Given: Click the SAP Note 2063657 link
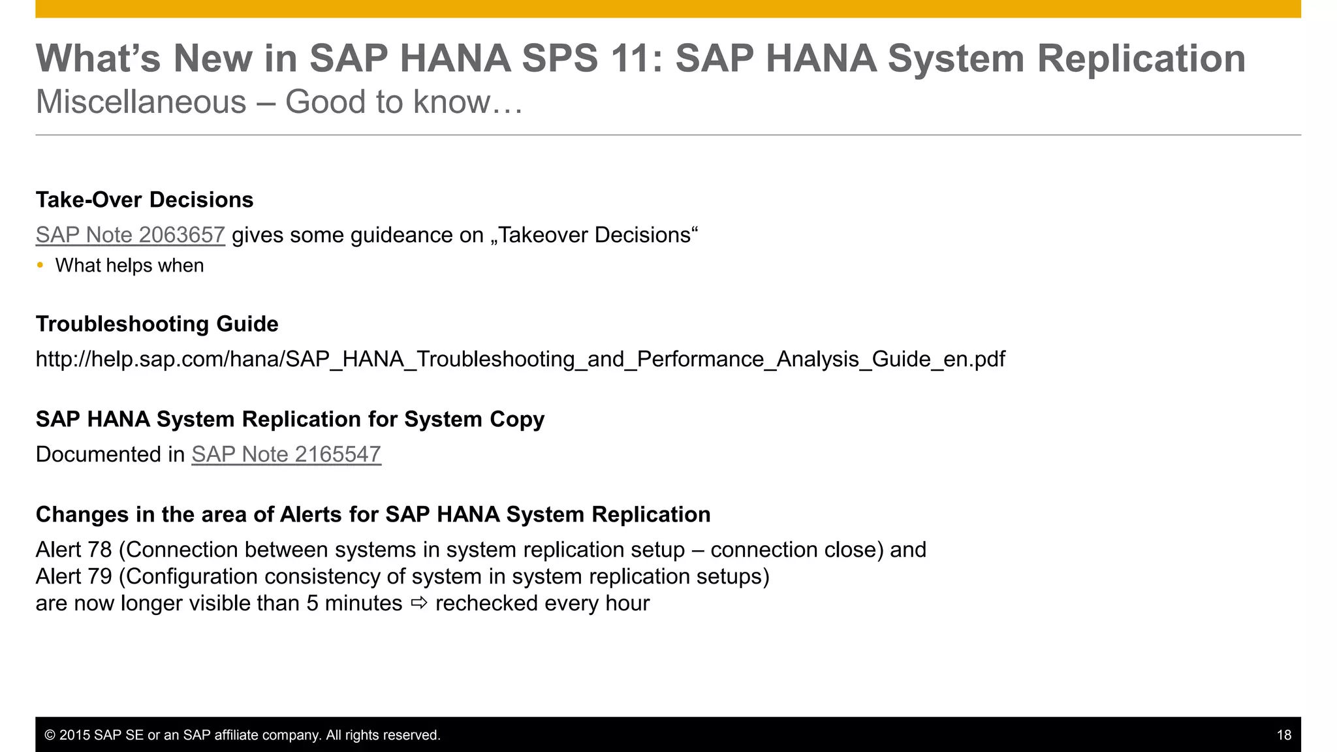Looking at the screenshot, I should tap(130, 235).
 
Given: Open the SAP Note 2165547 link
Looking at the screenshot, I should tap(286, 454).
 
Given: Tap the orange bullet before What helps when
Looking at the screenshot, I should tap(40, 265).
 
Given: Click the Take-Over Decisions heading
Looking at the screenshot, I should tap(144, 200).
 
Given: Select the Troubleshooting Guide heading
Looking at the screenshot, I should tap(157, 324).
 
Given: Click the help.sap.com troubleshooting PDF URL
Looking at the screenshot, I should tap(520, 359).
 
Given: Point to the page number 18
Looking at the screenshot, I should tap(1283, 735).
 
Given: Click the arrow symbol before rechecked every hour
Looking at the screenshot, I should tap(419, 603).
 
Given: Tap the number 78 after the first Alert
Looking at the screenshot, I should tap(100, 550).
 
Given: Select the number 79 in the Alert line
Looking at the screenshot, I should tap(100, 576).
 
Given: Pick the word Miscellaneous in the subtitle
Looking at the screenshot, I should tap(141, 102).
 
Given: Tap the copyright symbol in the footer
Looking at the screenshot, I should tap(50, 735).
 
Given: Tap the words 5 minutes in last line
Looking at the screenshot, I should tap(354, 603).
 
